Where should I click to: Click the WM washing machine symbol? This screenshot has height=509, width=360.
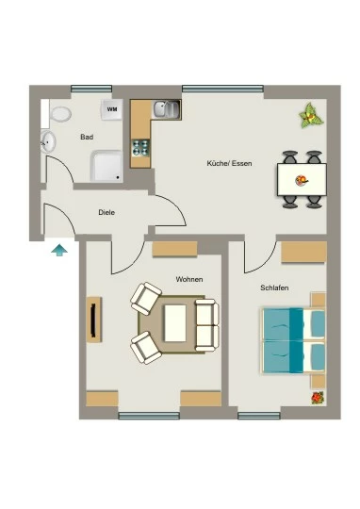coord(112,109)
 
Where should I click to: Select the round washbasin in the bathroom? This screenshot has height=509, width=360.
coord(48,141)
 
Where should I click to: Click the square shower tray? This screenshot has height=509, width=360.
coord(106,166)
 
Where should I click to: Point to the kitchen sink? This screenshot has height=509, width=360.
coord(167,108)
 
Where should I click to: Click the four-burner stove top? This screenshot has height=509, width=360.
coord(140,148)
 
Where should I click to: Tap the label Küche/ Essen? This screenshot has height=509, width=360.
coord(229,163)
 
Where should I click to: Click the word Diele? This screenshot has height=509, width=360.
coord(106,213)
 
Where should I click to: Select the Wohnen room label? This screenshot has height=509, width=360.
coord(189,279)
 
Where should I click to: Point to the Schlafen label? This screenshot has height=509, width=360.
coord(274,287)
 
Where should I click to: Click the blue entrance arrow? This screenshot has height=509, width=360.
coord(59,251)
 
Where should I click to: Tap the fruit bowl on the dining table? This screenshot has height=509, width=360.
coord(302,180)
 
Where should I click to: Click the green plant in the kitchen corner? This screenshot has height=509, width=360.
coord(311,115)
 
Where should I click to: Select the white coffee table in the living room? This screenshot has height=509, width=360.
coord(175,323)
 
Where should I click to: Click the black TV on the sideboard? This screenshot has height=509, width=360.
coord(93,320)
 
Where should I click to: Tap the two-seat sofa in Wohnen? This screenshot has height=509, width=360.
coord(206,325)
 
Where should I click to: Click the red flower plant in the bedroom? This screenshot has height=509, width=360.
coord(318,398)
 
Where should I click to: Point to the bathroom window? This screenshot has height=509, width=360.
coord(91,89)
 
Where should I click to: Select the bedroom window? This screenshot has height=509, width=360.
coord(259,416)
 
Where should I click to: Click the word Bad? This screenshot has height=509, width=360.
coord(87,137)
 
